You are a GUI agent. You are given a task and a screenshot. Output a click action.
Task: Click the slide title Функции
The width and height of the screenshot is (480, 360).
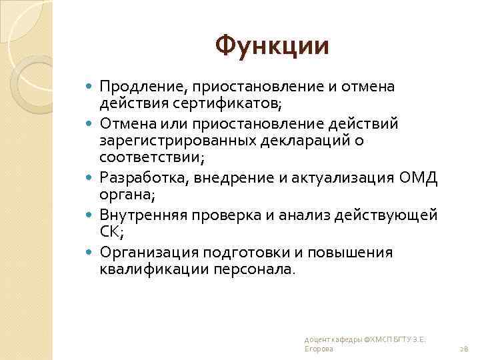tap(272, 46)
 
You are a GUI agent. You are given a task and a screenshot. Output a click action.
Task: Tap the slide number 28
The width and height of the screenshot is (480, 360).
tap(465, 349)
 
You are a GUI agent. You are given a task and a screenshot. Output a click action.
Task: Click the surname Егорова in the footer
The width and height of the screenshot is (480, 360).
tap(318, 349)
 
